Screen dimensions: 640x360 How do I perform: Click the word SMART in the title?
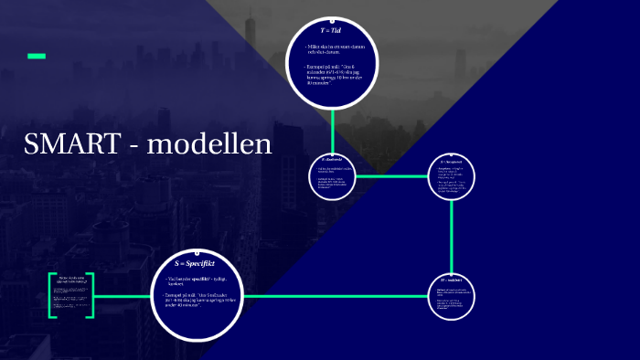[70, 143]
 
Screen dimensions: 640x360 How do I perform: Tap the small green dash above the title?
[37, 57]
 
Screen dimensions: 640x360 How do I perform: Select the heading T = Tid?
[332, 30]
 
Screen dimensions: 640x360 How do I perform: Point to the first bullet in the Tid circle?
[331, 48]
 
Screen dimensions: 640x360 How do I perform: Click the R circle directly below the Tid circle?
[333, 174]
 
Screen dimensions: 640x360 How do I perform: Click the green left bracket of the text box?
[51, 295]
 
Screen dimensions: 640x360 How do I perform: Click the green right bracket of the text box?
[91, 295]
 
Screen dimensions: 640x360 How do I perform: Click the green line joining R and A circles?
[393, 175]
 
